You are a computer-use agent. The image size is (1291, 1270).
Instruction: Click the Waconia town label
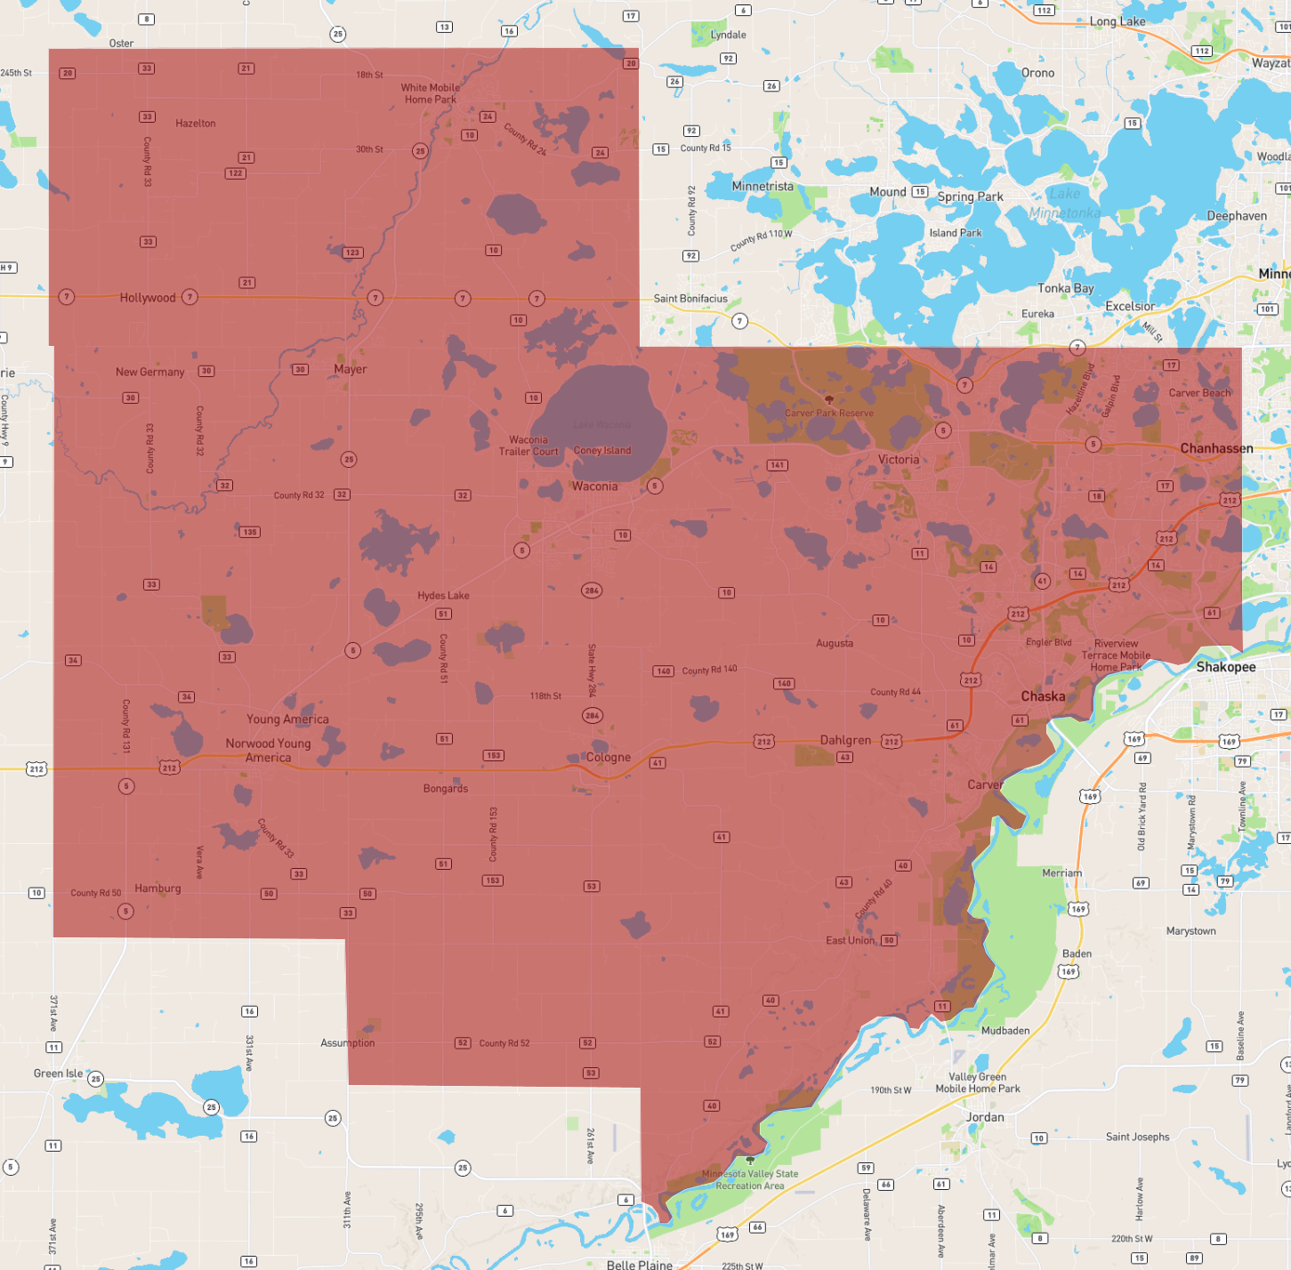point(594,486)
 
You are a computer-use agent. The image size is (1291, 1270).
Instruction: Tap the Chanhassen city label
point(1216,448)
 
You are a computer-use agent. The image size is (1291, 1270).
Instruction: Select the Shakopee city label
point(1225,666)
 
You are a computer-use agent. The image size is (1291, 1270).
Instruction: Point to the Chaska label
point(1043,696)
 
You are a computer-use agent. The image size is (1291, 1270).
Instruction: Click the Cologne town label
point(609,757)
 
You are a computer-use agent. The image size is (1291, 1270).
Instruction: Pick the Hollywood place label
point(148,297)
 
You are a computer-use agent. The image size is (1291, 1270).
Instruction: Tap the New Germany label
point(149,372)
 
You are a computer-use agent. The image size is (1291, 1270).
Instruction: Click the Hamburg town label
point(157,888)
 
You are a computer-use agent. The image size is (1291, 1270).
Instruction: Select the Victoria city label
point(899,460)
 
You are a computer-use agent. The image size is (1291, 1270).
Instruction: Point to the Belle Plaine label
point(639,1264)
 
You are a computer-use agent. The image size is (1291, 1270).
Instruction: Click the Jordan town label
point(985,1117)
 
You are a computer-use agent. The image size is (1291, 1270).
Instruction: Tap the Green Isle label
point(58,1073)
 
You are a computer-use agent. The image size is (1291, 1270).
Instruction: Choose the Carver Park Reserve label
point(828,413)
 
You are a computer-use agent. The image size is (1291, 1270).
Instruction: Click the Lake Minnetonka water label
point(1064,203)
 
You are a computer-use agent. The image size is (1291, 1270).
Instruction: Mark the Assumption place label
point(347,1043)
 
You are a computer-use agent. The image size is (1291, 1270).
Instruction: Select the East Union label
point(850,940)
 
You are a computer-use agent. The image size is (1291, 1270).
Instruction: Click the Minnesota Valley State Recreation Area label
point(750,1179)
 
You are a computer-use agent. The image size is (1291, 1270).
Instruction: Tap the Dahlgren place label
point(845,740)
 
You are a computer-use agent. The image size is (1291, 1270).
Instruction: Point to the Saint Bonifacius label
point(690,299)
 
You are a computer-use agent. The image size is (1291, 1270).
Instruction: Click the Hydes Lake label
point(443,596)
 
